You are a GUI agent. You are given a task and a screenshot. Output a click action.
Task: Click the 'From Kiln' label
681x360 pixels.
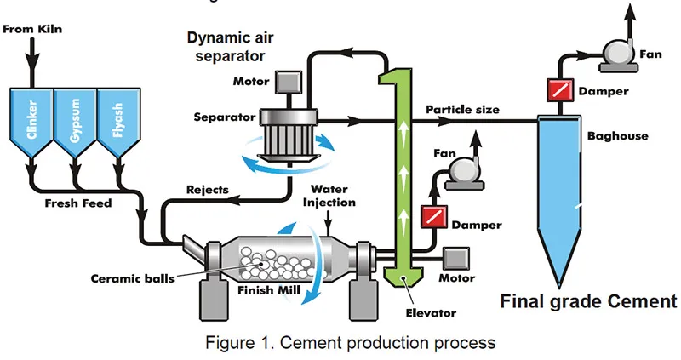pyautogui.click(x=33, y=30)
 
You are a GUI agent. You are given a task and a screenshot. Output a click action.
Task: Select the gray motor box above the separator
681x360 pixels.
pyautogui.click(x=283, y=83)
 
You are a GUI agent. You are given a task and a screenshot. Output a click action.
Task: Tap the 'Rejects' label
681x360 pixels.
pyautogui.click(x=207, y=190)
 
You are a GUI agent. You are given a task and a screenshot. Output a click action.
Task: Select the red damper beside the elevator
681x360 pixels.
pyautogui.click(x=434, y=217)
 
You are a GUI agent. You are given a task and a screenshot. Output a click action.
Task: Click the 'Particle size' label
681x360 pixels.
pyautogui.click(x=462, y=110)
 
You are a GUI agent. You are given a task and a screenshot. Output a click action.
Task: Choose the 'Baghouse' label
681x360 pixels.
pyautogui.click(x=617, y=135)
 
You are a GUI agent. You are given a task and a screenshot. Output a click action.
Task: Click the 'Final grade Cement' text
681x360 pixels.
pyautogui.click(x=587, y=301)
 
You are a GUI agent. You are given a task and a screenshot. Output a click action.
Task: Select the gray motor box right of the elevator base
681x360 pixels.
pyautogui.click(x=457, y=256)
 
